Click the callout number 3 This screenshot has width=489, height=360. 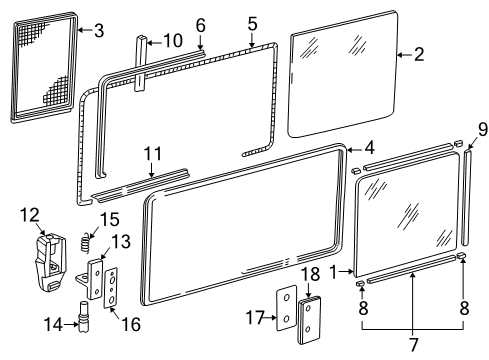[x=99, y=31]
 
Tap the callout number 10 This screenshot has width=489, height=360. [x=173, y=41]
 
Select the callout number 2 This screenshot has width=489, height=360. [x=419, y=54]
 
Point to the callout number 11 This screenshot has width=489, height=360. [x=152, y=154]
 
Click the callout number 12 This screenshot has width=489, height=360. [x=29, y=215]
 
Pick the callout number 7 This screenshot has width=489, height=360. [x=413, y=344]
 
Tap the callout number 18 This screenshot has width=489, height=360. [x=310, y=274]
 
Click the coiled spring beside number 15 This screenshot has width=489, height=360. [x=86, y=241]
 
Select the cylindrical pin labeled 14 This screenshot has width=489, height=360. [x=83, y=316]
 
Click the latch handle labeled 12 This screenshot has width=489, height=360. [x=50, y=262]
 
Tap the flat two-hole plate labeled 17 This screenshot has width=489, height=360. [x=286, y=308]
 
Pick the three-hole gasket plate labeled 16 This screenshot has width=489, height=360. [x=111, y=288]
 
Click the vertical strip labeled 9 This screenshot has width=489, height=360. [x=466, y=197]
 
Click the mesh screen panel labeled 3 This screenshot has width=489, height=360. [x=45, y=68]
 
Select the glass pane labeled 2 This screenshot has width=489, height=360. [x=343, y=74]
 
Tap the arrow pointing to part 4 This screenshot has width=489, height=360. [x=355, y=150]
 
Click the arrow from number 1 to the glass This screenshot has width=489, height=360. [x=346, y=272]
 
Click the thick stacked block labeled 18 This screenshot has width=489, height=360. [x=309, y=320]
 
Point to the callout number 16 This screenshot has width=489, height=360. [x=131, y=324]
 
